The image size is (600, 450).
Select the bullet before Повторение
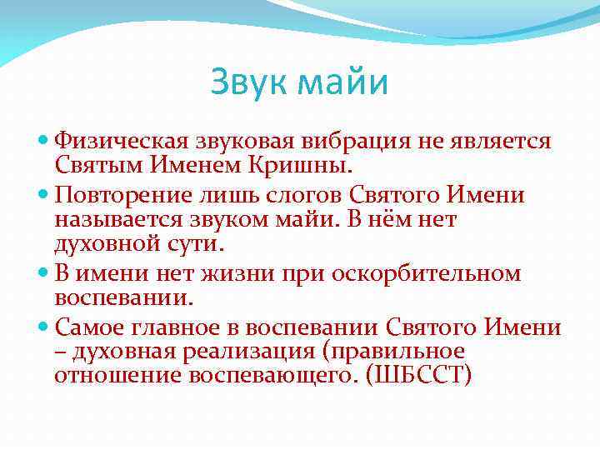pyautogui.click(x=44, y=196)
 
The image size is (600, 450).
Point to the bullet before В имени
pyautogui.click(x=44, y=272)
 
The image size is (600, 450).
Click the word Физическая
pyautogui.click(x=121, y=141)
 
